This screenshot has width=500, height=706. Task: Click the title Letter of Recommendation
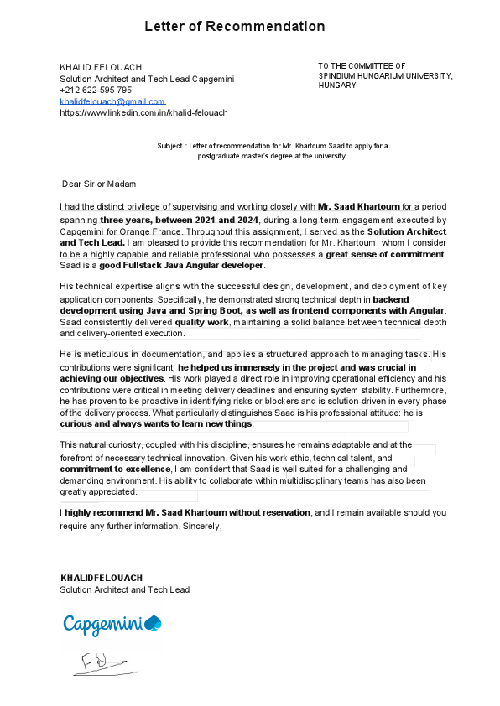coord(234,27)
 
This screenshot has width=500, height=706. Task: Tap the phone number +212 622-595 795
coord(96,90)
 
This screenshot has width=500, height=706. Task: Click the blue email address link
coord(112,101)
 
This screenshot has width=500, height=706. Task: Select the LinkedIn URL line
coord(143,112)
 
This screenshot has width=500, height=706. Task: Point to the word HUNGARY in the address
coord(337,86)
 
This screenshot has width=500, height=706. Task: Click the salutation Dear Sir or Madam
coord(99,184)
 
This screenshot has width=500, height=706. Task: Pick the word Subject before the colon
coord(169,146)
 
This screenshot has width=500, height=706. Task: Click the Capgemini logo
coord(112,624)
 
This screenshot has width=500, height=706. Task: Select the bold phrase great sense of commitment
coord(385,254)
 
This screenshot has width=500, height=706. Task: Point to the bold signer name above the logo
coord(101,578)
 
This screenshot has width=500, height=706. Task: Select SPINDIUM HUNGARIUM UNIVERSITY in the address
coord(384,75)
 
